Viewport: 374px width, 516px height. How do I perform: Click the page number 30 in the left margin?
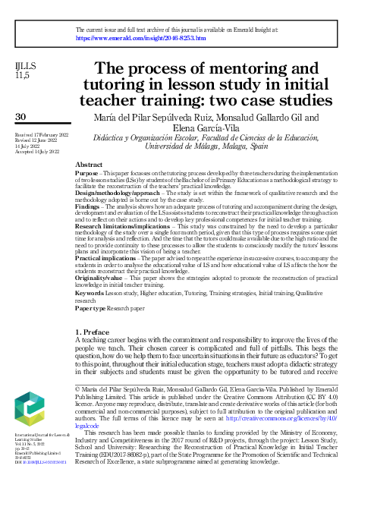pyautogui.click(x=20, y=116)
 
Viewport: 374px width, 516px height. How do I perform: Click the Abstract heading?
pyautogui.click(x=90, y=165)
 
